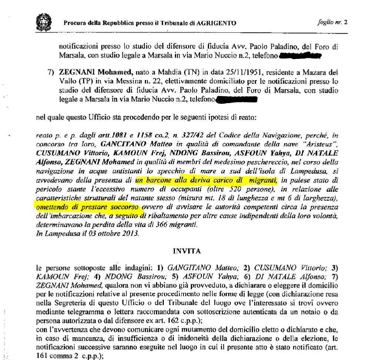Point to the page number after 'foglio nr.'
click(x=345, y=22)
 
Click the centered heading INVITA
click(x=187, y=251)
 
